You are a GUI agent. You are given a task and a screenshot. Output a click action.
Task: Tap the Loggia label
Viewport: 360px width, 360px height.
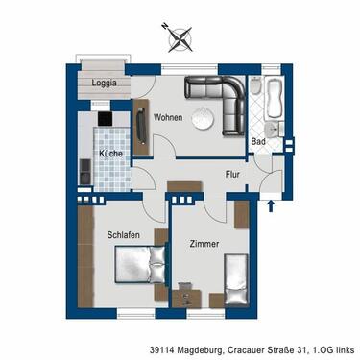pyautogui.click(x=105, y=84)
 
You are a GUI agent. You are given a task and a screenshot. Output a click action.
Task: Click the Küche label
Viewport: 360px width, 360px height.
pyautogui.click(x=109, y=154)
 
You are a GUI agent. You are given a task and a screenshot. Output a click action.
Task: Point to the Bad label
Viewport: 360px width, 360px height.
pyautogui.click(x=257, y=141)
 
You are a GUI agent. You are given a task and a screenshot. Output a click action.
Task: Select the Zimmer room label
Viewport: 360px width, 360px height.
pyautogui.click(x=204, y=244)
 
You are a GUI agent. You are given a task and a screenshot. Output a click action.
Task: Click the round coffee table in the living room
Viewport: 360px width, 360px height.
pyautogui.click(x=204, y=119)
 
